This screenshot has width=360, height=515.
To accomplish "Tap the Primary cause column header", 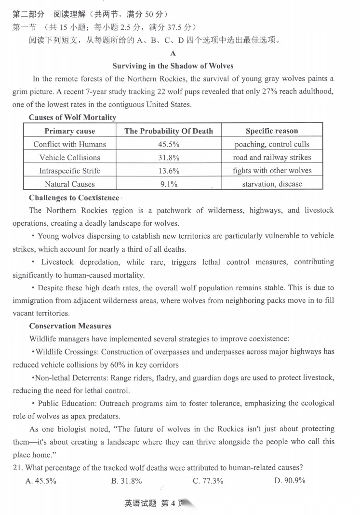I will (x=70, y=131).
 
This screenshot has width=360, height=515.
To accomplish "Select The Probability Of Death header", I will (x=169, y=131).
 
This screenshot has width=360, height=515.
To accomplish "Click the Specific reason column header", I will (x=272, y=131).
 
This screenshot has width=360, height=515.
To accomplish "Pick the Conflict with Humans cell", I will (x=70, y=144).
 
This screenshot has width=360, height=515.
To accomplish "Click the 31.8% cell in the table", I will (x=169, y=158).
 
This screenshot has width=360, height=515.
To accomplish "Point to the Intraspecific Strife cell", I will (x=70, y=171).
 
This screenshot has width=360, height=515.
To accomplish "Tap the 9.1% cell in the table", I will (x=169, y=184).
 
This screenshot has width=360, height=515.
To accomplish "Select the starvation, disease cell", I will (x=272, y=184).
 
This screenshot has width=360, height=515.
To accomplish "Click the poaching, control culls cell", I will (x=272, y=144).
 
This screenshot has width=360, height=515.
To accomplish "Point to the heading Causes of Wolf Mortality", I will (x=72, y=118).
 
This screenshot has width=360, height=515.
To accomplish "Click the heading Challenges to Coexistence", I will (x=74, y=198).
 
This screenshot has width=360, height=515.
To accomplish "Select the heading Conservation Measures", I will (x=70, y=326).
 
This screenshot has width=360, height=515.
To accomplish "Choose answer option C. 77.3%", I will (x=208, y=480).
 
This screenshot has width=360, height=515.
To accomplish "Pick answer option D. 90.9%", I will (x=290, y=480).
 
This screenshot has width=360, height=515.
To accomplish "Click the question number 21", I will (x=17, y=467).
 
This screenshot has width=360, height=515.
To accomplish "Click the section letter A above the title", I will (x=173, y=54).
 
